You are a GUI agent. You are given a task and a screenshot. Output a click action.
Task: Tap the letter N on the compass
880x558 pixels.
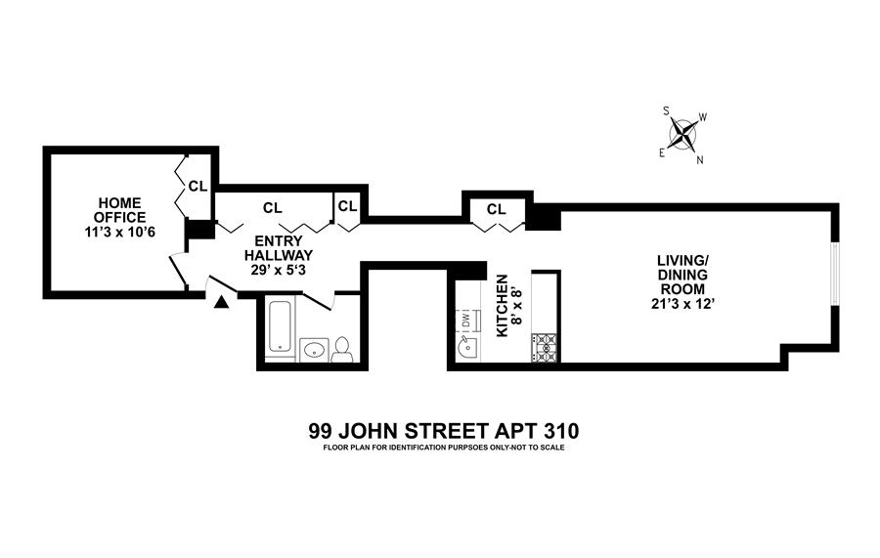point(699,161)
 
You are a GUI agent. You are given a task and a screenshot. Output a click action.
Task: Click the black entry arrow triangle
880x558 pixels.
point(221,303)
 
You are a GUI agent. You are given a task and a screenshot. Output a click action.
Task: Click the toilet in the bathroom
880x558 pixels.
point(342,351)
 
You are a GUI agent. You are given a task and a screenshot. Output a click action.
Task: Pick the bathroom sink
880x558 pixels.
point(315,349)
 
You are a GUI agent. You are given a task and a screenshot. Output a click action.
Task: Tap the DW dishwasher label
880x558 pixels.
point(465,320)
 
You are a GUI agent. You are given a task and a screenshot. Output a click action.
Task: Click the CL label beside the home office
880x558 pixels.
point(198,185)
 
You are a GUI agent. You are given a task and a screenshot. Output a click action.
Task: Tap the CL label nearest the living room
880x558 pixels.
point(497,209)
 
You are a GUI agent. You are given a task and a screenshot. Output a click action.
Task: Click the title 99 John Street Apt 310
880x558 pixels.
point(445,430)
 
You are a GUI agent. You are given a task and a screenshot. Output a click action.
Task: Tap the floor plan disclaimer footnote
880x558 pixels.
point(445,449)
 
